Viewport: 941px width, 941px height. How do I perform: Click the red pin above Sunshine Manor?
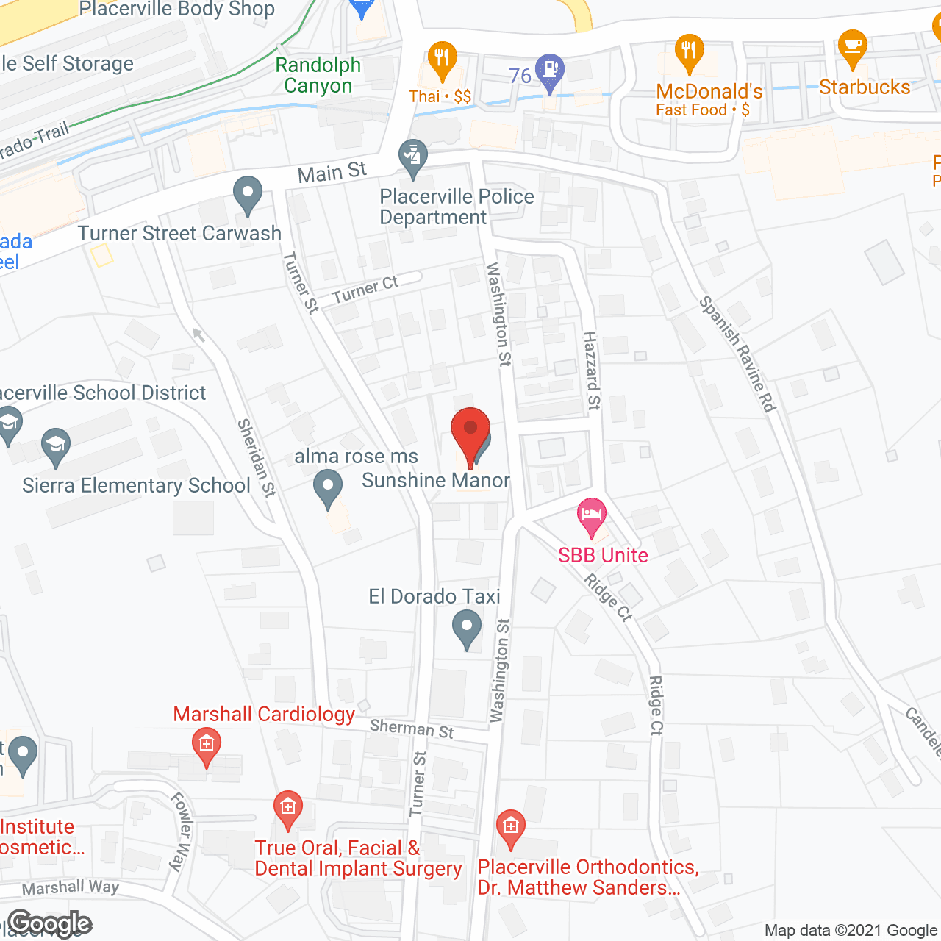click(x=470, y=430)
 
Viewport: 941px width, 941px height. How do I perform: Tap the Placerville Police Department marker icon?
click(x=413, y=157)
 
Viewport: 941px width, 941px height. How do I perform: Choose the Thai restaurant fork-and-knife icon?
click(x=442, y=59)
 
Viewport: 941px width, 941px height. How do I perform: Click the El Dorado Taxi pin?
click(x=466, y=629)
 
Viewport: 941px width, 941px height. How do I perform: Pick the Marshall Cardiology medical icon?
click(x=207, y=745)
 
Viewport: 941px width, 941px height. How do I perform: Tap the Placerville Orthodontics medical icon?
click(x=510, y=827)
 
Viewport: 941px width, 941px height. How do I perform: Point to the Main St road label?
click(x=332, y=173)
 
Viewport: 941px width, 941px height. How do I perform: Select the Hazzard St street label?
click(x=592, y=370)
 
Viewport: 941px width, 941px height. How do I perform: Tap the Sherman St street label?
click(x=412, y=729)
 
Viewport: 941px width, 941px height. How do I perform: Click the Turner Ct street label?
click(x=365, y=290)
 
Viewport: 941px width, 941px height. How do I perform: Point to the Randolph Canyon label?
click(x=318, y=75)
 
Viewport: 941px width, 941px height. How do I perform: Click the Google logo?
click(x=50, y=923)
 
